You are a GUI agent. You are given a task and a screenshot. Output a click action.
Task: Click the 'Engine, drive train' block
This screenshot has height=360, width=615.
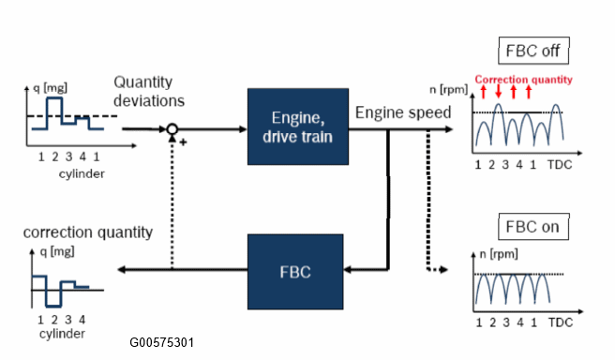click(298, 127)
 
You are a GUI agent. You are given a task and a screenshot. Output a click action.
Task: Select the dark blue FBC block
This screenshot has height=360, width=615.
click(295, 272)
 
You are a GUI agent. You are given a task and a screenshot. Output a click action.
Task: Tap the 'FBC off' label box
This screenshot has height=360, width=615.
click(533, 51)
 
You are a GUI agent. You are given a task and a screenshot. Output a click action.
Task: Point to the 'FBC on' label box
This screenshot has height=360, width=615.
click(533, 227)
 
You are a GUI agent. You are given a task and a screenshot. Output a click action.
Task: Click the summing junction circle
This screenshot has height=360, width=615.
click(172, 129)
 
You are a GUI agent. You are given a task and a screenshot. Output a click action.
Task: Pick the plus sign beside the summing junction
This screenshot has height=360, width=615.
click(183, 142)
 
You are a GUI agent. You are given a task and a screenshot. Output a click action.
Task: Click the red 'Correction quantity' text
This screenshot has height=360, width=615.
click(524, 80)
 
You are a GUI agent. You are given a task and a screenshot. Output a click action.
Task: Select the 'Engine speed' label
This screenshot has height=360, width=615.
click(403, 112)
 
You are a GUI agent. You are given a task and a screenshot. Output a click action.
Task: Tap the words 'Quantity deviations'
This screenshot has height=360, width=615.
click(149, 91)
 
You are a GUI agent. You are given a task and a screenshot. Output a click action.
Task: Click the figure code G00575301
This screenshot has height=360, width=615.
click(161, 342)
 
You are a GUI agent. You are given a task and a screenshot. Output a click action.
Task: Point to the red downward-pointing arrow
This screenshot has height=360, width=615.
click(498, 91)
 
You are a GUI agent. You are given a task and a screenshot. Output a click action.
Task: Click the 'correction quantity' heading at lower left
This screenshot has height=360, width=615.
click(88, 232)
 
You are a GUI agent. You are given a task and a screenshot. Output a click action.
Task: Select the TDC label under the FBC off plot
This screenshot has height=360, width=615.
click(560, 165)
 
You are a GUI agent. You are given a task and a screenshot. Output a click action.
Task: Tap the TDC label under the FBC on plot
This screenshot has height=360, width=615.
click(561, 322)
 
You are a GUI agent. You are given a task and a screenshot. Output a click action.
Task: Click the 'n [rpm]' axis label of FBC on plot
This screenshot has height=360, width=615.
click(499, 254)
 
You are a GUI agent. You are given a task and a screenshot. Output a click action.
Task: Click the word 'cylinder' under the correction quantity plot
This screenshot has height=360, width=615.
click(62, 334)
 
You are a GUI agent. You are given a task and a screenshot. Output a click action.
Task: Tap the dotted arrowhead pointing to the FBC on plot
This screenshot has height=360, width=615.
click(443, 269)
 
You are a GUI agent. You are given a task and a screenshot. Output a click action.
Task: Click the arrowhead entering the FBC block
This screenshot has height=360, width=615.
click(348, 269)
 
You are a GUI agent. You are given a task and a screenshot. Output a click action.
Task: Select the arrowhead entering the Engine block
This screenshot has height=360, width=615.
click(243, 129)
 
